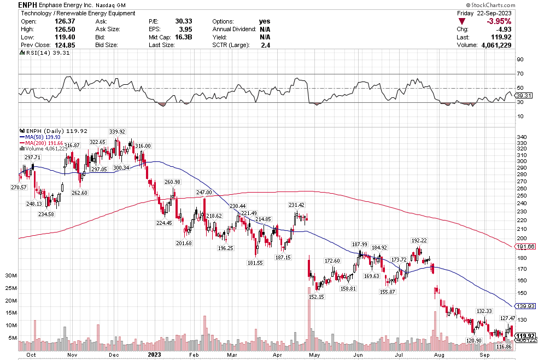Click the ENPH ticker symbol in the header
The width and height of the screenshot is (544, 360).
point(28,4)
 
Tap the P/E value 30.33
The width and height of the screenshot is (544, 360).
point(183,21)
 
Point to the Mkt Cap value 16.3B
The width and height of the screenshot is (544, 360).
point(185,37)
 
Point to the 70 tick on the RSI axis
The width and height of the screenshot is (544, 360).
point(520,74)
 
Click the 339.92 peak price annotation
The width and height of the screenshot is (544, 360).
point(118,132)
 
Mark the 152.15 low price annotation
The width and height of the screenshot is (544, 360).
point(317,297)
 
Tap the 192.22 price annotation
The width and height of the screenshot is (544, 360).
point(420,240)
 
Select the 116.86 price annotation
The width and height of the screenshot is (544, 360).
point(503,347)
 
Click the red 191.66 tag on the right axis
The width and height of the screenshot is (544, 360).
point(529,247)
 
